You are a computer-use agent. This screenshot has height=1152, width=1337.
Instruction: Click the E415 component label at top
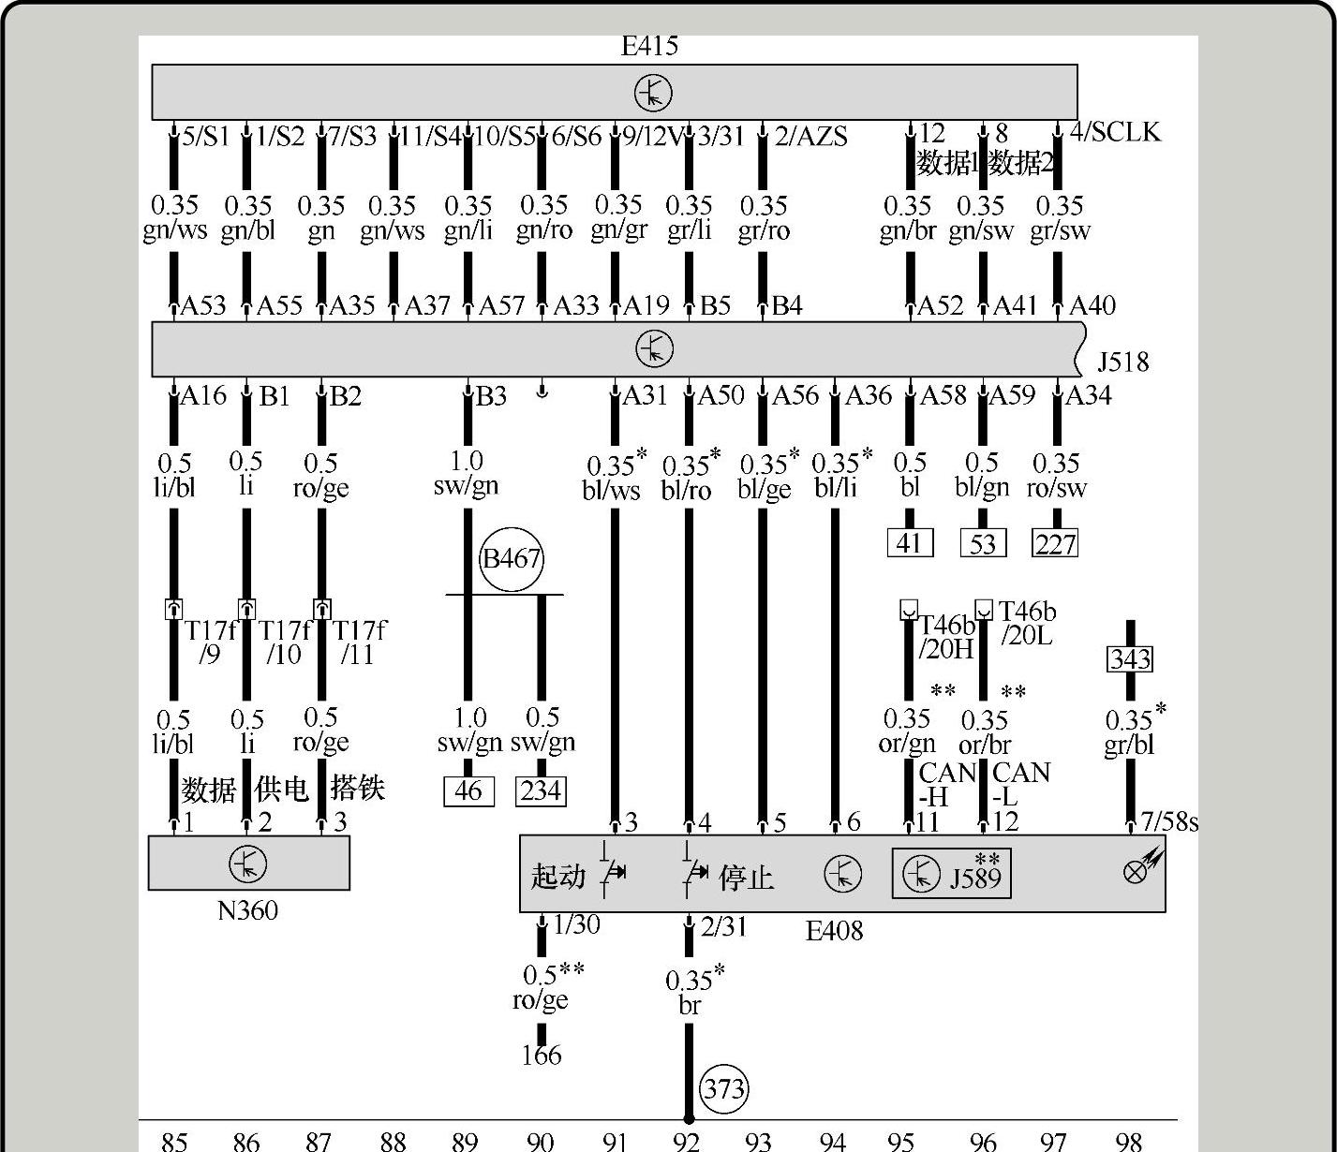pos(649,46)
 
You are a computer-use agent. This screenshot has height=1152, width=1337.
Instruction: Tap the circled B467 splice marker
pos(512,559)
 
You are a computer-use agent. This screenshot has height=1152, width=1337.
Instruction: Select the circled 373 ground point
pos(724,1089)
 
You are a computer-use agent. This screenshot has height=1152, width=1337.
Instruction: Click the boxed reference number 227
pos(1055,543)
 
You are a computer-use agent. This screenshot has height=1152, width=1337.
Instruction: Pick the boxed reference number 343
pos(1130,659)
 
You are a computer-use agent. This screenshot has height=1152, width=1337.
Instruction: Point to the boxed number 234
pos(542,791)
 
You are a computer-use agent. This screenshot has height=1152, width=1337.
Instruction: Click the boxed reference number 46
pos(468,791)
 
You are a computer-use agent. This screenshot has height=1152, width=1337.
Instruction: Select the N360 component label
pos(247,910)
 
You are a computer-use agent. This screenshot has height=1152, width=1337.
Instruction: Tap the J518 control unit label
pos(1122,362)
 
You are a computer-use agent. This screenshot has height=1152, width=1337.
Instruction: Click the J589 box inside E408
pos(951,874)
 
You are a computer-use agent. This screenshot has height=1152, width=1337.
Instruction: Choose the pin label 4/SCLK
pos(1115,132)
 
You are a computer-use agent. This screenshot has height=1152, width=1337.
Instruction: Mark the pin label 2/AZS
pos(810,138)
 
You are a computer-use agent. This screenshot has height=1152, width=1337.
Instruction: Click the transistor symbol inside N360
pos(248,864)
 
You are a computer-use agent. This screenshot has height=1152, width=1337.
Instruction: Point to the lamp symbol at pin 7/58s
pos(1136,870)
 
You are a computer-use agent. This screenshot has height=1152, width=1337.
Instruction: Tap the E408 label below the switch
pos(834,931)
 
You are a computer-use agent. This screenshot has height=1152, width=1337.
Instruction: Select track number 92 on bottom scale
pos(687,1141)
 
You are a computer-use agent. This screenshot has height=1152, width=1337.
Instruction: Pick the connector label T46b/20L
pos(1027,624)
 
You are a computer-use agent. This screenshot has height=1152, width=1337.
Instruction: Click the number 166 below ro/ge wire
pos(542,1056)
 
